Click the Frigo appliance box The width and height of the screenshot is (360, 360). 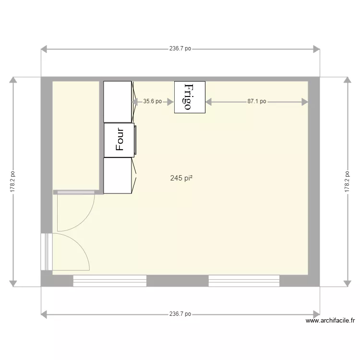point(190,97)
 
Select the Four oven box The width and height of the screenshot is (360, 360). point(119,140)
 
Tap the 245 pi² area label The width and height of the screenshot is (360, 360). point(181,178)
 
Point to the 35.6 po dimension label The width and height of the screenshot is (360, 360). point(152,102)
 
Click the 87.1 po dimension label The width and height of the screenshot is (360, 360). point(257,102)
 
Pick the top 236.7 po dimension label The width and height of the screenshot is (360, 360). point(180,48)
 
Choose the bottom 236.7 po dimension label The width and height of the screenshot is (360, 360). point(180,314)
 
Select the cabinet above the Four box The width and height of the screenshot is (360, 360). point(118,102)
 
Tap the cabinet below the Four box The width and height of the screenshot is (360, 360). point(118,176)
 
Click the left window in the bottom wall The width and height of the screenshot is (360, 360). point(110,281)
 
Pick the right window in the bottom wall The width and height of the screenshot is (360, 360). point(244,281)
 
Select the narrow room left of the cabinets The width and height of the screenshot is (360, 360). point(76,134)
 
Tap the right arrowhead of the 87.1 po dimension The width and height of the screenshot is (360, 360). point(305,102)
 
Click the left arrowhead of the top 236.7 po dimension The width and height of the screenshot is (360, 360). point(44,49)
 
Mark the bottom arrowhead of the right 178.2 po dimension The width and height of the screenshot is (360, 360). point(347,284)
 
